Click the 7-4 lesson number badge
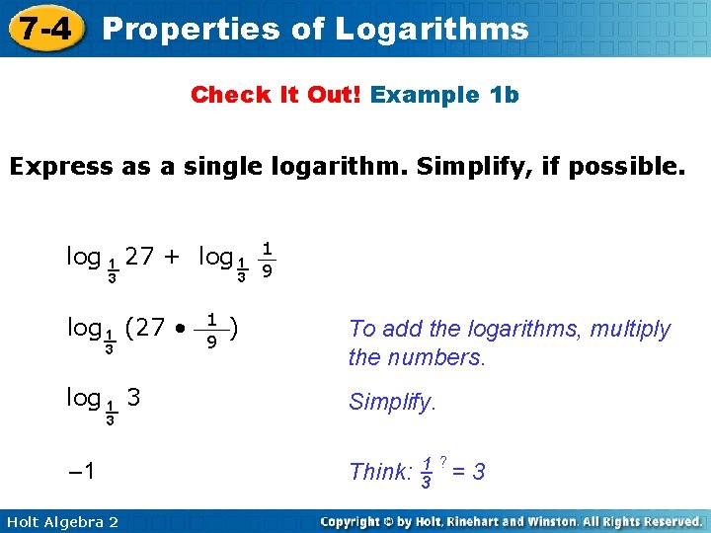43,29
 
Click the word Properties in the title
187,29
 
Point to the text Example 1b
445,95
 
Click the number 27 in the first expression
140,258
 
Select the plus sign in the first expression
173,258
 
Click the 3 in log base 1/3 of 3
134,398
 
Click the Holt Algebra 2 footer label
61,521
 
